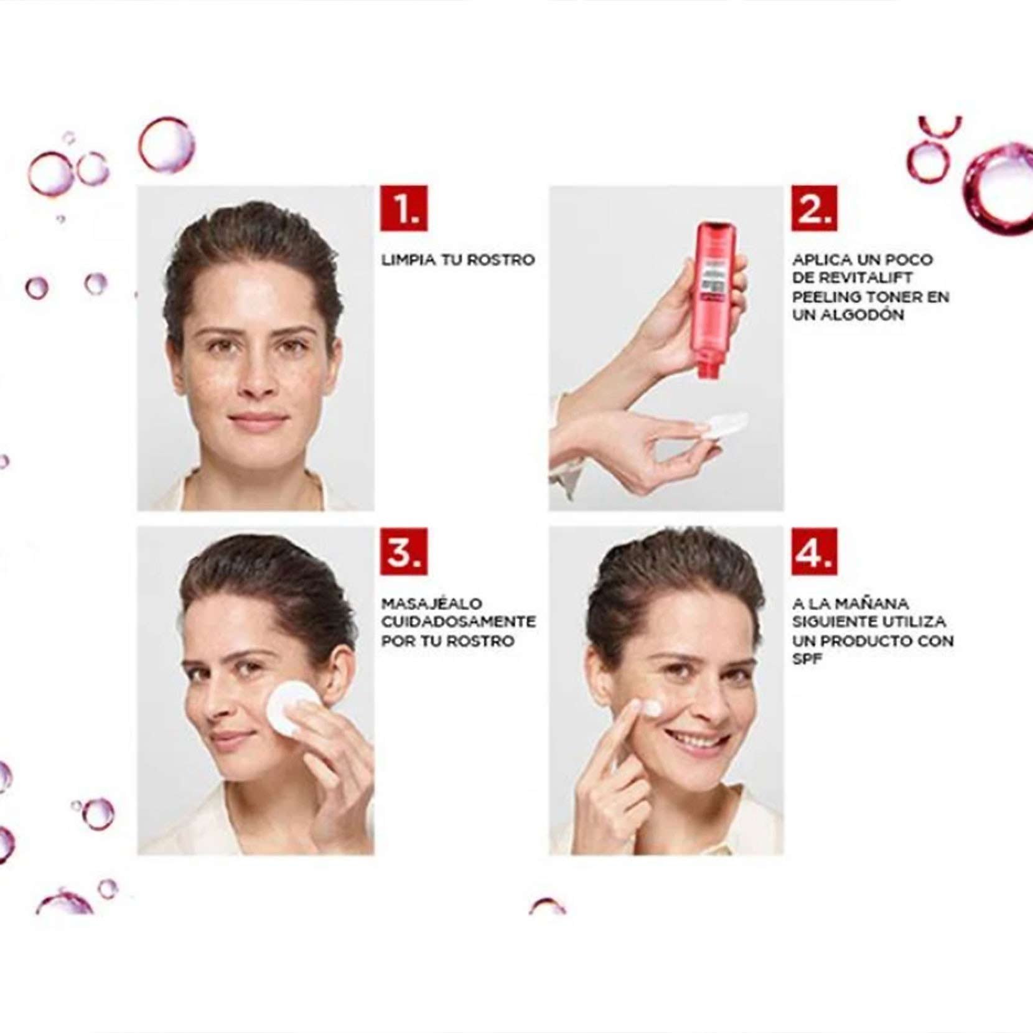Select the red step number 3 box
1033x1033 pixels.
[x=404, y=551]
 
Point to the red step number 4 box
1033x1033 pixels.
[x=814, y=551]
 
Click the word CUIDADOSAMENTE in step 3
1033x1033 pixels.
[x=459, y=622]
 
